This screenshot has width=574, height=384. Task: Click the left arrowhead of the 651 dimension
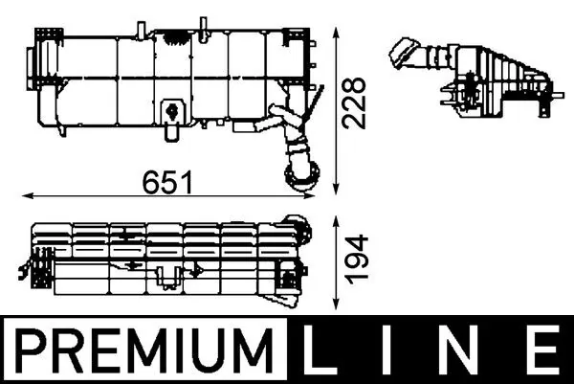click(x=25, y=194)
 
